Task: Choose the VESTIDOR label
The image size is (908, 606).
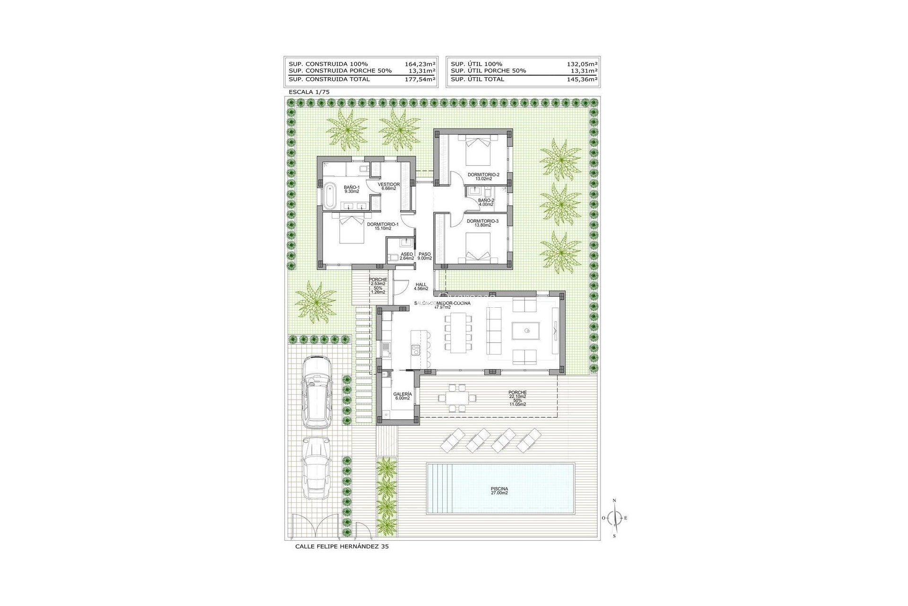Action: (x=389, y=186)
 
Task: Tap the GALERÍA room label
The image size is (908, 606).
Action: (x=402, y=396)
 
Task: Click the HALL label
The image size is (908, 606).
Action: (x=421, y=286)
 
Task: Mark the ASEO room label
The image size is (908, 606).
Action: (x=407, y=256)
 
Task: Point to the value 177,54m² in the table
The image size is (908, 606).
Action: (x=420, y=79)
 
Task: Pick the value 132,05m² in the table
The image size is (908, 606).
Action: (x=582, y=64)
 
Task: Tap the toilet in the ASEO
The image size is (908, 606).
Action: (x=393, y=258)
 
